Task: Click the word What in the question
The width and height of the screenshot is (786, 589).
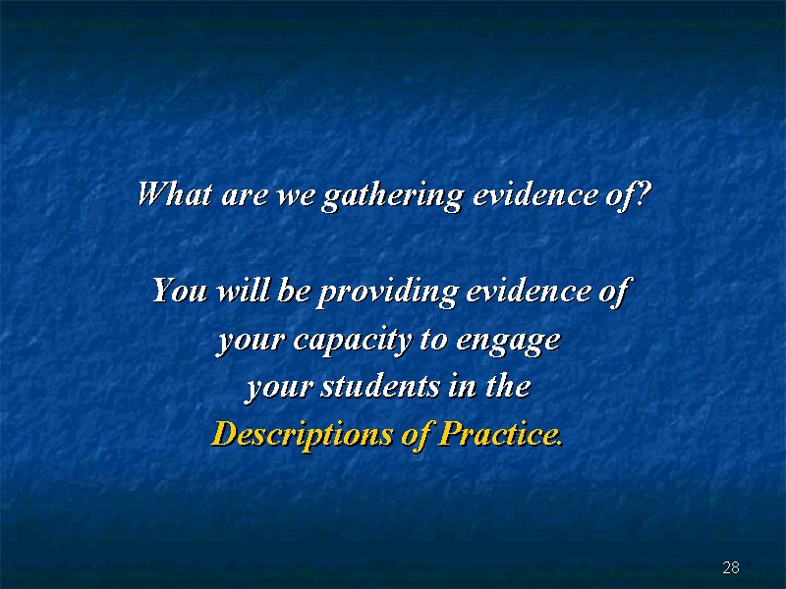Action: [175, 193]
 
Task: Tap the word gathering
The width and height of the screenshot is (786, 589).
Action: [392, 196]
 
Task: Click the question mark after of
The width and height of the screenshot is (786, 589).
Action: [643, 193]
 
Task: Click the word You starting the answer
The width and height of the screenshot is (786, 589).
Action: [180, 291]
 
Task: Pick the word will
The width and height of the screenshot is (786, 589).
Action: [242, 290]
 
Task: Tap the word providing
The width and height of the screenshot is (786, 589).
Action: [386, 293]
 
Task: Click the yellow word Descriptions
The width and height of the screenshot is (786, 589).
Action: [303, 434]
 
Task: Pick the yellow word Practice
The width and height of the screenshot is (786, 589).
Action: [500, 433]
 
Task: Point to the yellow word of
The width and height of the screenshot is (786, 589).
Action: [416, 434]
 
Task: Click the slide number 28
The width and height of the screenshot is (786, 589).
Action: [731, 567]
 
